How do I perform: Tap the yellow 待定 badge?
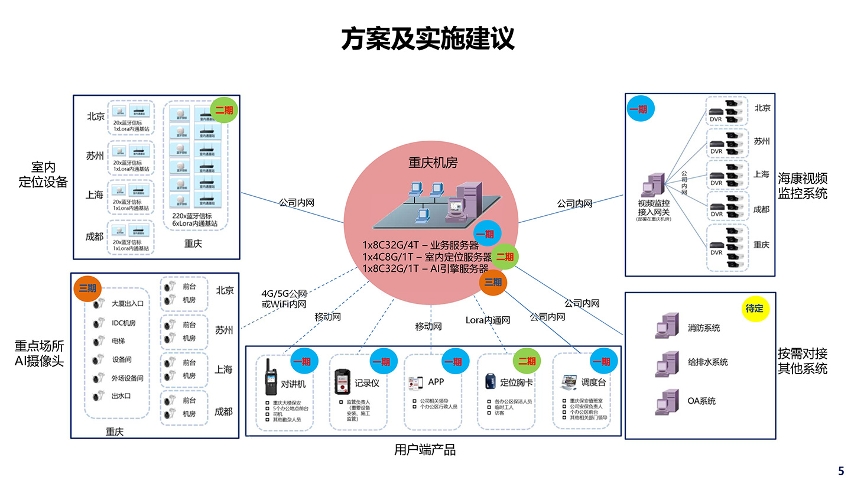[755, 309]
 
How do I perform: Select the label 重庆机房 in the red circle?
[433, 162]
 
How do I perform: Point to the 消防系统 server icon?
[666, 327]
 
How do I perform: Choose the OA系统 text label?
[701, 401]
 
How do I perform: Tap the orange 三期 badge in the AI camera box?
[87, 288]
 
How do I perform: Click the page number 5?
[841, 471]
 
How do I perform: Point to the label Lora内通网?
[488, 320]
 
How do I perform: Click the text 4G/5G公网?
[284, 293]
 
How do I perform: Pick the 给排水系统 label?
[707, 362]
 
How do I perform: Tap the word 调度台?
[593, 382]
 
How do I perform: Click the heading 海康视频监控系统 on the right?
[802, 186]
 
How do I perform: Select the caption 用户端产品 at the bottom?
[425, 450]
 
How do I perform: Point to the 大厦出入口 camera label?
[128, 304]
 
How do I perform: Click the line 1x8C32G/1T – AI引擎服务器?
[425, 268]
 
